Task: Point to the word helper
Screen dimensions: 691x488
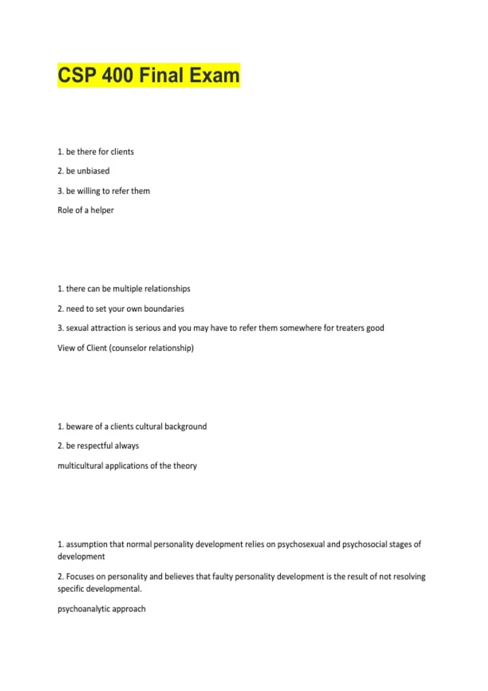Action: coord(102,210)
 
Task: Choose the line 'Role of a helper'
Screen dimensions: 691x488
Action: coord(86,210)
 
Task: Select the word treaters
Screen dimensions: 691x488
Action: coord(350,328)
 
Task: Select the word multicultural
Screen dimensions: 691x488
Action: coord(80,466)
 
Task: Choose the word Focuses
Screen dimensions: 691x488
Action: coord(80,577)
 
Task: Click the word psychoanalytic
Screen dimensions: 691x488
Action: coord(83,609)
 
